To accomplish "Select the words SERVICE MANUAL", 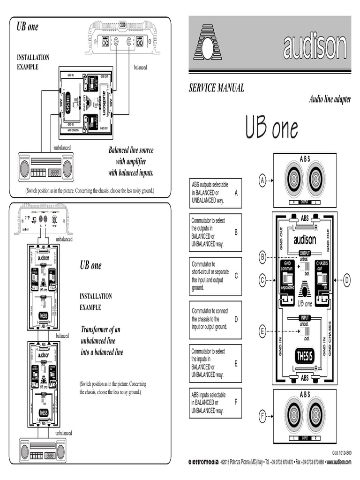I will [216, 88].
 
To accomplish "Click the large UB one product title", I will [271, 127].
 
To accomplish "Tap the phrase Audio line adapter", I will [330, 99].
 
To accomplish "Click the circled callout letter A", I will [263, 180].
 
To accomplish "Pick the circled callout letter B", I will [263, 256].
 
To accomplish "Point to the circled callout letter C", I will [263, 281].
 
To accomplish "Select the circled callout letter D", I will [347, 281].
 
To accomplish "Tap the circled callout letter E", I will [263, 331].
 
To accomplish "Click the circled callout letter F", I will [263, 415].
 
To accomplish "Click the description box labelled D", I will [216, 320].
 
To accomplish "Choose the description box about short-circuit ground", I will [216, 276].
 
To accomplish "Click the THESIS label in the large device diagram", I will [304, 356].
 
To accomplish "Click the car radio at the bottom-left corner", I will [42, 450].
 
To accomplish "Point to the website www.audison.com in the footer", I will [338, 462].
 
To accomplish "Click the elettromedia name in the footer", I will [203, 462].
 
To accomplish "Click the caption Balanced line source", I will [131, 150].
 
